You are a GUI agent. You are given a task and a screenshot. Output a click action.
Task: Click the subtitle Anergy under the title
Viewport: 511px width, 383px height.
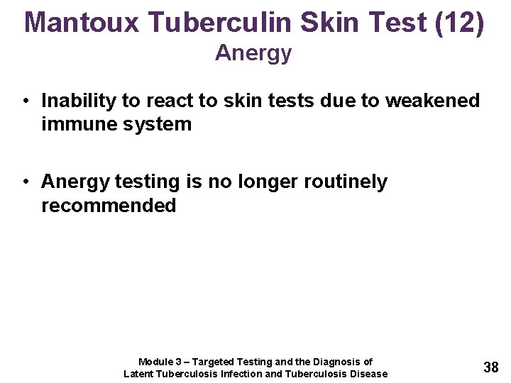pyautogui.click(x=253, y=53)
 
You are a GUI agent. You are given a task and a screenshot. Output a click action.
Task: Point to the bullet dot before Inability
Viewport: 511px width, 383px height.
pyautogui.click(x=25, y=101)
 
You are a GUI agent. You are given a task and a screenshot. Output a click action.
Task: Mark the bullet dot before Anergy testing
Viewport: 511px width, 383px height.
pyautogui.click(x=25, y=182)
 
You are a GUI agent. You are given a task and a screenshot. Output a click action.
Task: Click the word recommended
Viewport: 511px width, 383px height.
pyautogui.click(x=109, y=206)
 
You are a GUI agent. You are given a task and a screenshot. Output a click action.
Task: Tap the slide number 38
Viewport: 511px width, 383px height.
pyautogui.click(x=490, y=367)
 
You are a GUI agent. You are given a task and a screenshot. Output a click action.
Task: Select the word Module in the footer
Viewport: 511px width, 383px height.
pyautogui.click(x=155, y=362)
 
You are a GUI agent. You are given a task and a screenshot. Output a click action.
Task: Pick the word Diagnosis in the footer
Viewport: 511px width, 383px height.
pyautogui.click(x=334, y=362)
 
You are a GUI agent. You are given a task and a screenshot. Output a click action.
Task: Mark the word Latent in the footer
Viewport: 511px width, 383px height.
pyautogui.click(x=139, y=374)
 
